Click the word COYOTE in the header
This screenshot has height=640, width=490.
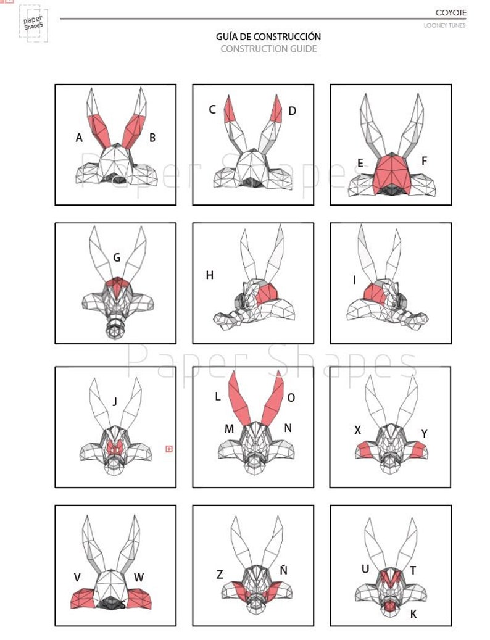point(451,13)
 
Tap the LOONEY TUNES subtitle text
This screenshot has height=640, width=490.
point(444,25)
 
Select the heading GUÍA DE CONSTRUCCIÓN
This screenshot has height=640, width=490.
point(268,37)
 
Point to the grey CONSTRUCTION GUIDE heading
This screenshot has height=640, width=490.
point(268,49)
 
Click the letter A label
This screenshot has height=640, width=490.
point(79,138)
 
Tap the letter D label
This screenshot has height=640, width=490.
point(292,110)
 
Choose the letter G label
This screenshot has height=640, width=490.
point(117,257)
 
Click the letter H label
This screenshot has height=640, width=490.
point(210,275)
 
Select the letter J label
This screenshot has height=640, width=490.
point(115,402)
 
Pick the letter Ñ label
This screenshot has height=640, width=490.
point(284,570)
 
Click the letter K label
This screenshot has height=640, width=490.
point(413,614)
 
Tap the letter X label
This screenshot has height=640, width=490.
point(358,430)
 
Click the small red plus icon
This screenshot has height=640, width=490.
point(169,449)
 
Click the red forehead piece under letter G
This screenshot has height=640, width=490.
point(117,286)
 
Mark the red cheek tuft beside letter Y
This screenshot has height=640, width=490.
point(418,449)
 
